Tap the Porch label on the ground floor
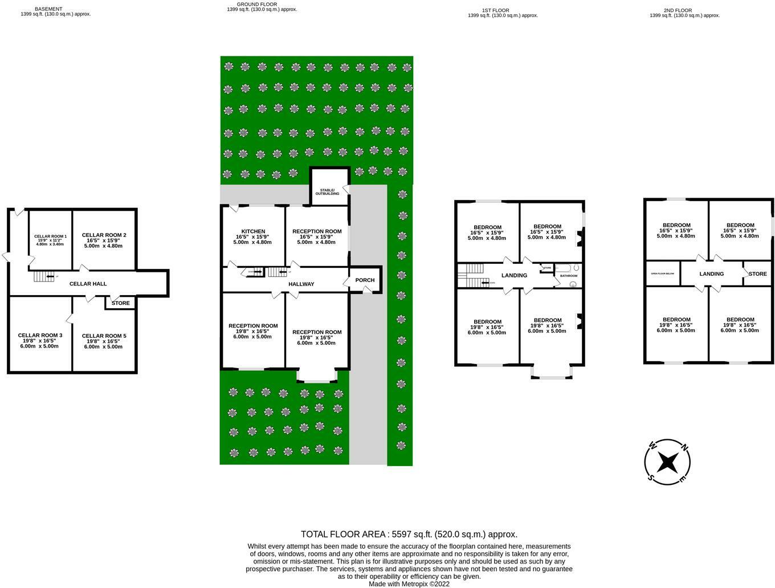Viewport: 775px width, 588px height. click(x=365, y=280)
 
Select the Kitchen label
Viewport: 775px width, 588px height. click(x=253, y=231)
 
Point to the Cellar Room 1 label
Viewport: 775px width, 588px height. click(x=50, y=236)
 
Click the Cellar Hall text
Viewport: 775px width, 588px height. click(x=88, y=284)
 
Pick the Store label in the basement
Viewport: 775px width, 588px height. click(x=120, y=303)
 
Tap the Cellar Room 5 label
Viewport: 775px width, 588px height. click(x=104, y=336)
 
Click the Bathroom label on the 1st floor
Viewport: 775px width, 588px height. click(x=568, y=276)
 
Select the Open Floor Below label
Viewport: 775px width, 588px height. click(x=662, y=274)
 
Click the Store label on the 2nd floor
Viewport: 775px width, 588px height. click(x=757, y=274)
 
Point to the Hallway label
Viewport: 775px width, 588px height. click(x=301, y=284)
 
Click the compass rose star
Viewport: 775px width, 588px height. click(x=667, y=462)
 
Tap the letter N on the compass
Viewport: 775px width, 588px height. click(x=686, y=446)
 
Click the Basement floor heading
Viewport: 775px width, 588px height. click(x=48, y=9)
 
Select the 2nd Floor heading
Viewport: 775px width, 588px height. click(x=678, y=10)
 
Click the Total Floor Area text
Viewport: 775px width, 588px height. click(x=409, y=534)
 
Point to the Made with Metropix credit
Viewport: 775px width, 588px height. click(x=409, y=583)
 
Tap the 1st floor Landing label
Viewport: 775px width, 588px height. click(x=514, y=276)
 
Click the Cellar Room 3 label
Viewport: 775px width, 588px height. click(x=40, y=335)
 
